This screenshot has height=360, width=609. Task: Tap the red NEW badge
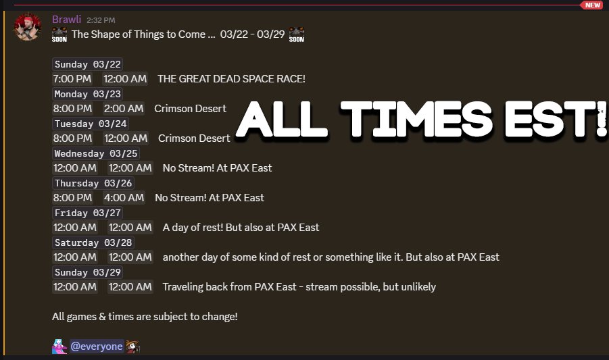click(592, 5)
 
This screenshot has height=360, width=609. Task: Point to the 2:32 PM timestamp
click(101, 20)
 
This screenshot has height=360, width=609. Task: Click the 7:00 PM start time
click(72, 79)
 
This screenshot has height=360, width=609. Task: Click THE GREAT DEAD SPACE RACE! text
click(231, 79)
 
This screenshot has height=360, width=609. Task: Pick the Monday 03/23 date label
click(88, 94)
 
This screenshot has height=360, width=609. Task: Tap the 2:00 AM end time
click(124, 109)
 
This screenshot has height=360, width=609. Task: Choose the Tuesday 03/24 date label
click(91, 124)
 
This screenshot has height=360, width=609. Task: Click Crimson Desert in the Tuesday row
click(194, 138)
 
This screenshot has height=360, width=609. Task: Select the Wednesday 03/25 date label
click(96, 153)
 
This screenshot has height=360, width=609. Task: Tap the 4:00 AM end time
click(124, 198)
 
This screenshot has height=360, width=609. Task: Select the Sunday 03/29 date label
click(88, 272)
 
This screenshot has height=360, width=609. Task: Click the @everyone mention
click(97, 346)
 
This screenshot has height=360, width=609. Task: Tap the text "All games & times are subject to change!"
click(145, 316)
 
